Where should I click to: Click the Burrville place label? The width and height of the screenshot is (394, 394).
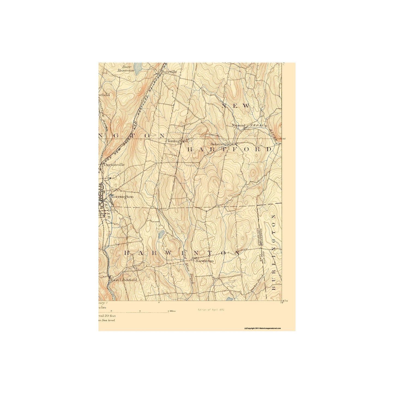point(169,72)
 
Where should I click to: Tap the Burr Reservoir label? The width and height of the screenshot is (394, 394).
point(126,68)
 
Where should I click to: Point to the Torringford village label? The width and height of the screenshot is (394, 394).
point(177,141)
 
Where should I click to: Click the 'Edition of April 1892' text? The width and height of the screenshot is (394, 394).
point(211,310)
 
